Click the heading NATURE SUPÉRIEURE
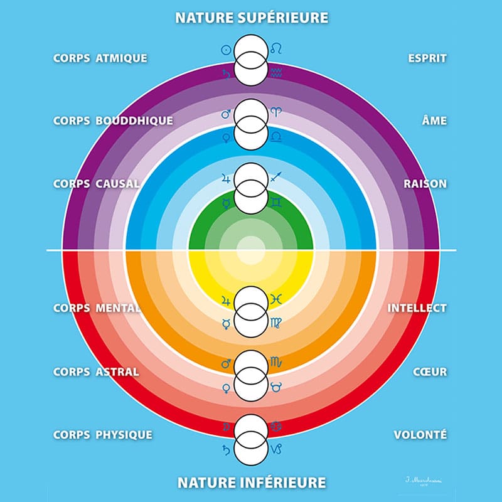tap(251, 17)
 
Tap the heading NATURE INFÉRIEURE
tap(251, 483)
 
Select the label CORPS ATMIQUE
tap(100, 58)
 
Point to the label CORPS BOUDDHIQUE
tap(112, 120)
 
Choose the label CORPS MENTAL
tap(96, 309)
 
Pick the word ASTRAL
tap(116, 371)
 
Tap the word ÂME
tap(434, 120)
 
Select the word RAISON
tap(425, 184)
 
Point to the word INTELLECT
tap(417, 309)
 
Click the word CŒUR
tap(430, 371)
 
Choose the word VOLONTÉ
tap(420, 434)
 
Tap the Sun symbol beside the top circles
tap(227, 48)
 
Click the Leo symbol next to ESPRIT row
tap(276, 48)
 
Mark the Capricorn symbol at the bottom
tap(276, 449)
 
